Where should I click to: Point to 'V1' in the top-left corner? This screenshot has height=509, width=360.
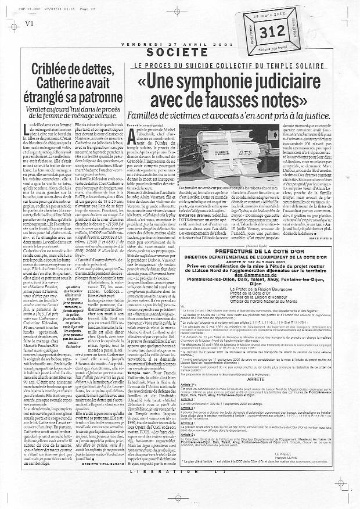click(11, 7)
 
